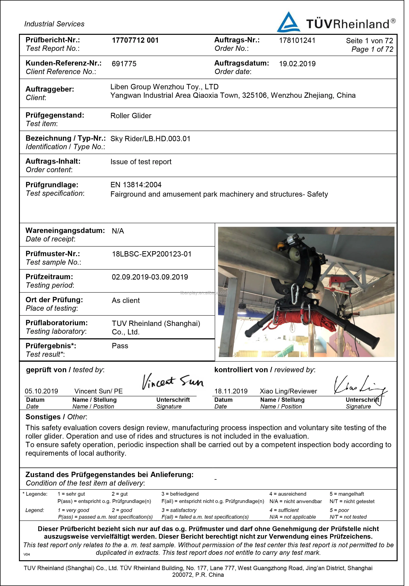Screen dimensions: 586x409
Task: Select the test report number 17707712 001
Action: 135,40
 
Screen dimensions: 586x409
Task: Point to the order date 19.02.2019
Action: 297,64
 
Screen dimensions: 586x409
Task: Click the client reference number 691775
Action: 124,64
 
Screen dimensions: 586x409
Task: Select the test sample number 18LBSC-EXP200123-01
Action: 151,254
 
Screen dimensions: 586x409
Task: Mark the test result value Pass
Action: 120,346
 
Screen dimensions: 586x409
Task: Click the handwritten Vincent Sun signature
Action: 172,382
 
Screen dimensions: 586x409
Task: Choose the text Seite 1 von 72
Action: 369,41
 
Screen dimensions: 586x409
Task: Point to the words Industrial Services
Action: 54,24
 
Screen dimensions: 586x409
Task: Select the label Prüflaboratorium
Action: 56,323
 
